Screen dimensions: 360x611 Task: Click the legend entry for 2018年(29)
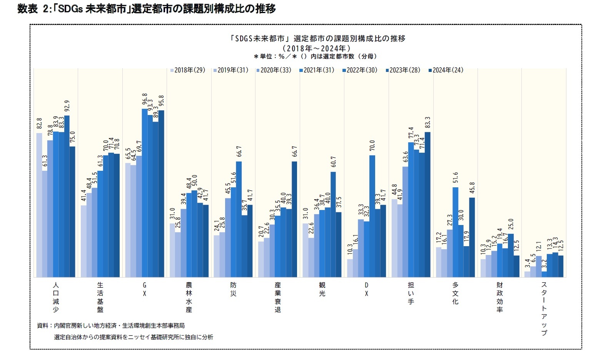click(x=187, y=70)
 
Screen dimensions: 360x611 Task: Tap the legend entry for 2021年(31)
click(x=317, y=70)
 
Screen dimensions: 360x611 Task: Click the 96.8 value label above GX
click(x=145, y=99)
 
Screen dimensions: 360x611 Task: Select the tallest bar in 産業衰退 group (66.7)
click(x=294, y=219)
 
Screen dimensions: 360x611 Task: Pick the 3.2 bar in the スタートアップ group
click(x=544, y=274)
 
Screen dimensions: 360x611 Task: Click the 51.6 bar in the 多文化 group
click(x=455, y=232)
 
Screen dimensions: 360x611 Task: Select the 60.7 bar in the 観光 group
click(x=333, y=224)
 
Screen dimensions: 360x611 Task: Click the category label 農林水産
click(x=189, y=297)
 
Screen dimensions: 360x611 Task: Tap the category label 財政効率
click(x=499, y=297)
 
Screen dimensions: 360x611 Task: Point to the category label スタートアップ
click(x=544, y=308)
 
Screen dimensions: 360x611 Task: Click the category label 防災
click(x=233, y=289)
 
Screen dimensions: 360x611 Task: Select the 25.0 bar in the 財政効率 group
click(x=511, y=255)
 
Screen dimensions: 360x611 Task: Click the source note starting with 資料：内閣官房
click(x=111, y=325)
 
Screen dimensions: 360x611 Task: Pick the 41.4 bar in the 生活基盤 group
click(x=83, y=241)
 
